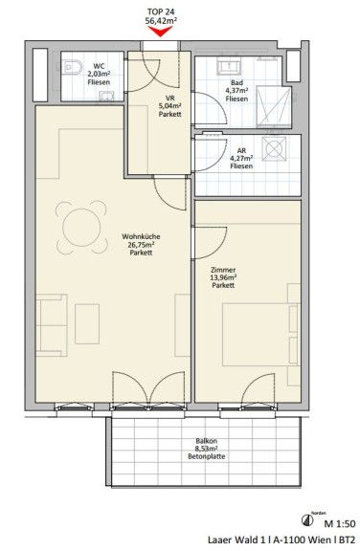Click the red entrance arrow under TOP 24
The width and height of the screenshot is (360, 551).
click(x=160, y=32)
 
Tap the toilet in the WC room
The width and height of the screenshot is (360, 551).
click(x=73, y=67)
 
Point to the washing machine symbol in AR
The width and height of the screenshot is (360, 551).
click(x=274, y=148)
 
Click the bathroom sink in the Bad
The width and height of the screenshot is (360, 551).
click(x=229, y=66)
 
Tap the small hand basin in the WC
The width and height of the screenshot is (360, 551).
click(x=106, y=96)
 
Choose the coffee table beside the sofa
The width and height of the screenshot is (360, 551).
click(x=87, y=323)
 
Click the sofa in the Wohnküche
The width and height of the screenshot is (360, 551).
click(x=52, y=325)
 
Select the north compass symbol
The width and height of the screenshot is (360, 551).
click(x=307, y=519)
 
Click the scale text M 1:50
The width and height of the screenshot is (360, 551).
click(x=340, y=523)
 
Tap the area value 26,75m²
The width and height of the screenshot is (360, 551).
click(x=141, y=245)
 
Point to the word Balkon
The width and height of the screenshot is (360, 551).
click(x=207, y=441)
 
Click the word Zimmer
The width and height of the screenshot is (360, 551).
click(x=223, y=270)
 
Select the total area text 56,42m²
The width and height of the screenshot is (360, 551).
click(x=161, y=21)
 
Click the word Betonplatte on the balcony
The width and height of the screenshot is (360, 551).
click(x=207, y=456)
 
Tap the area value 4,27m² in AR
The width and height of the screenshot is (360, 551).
click(x=241, y=158)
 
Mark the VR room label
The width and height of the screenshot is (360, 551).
click(x=170, y=99)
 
